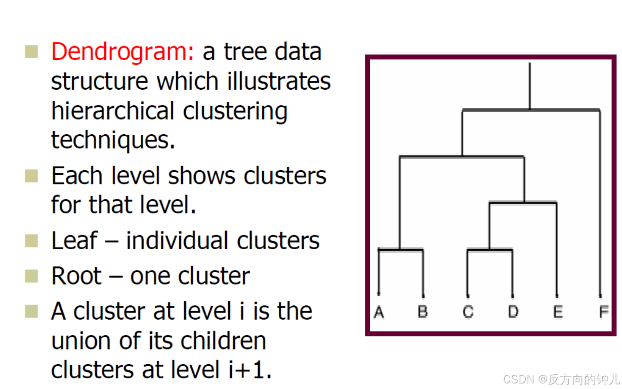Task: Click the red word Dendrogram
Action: [x=122, y=52]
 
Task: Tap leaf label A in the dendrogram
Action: [x=379, y=312]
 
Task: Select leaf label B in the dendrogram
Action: [x=423, y=312]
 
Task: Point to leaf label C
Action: [x=468, y=312]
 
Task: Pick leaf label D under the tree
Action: [x=513, y=312]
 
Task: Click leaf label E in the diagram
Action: [x=557, y=312]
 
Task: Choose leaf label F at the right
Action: [x=603, y=312]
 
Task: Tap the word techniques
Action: [x=112, y=140]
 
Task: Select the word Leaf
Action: [x=74, y=241]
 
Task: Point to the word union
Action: [x=82, y=341]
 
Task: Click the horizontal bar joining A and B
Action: [x=400, y=250]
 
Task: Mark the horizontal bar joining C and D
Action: [x=490, y=250]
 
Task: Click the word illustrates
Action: [x=273, y=81]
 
